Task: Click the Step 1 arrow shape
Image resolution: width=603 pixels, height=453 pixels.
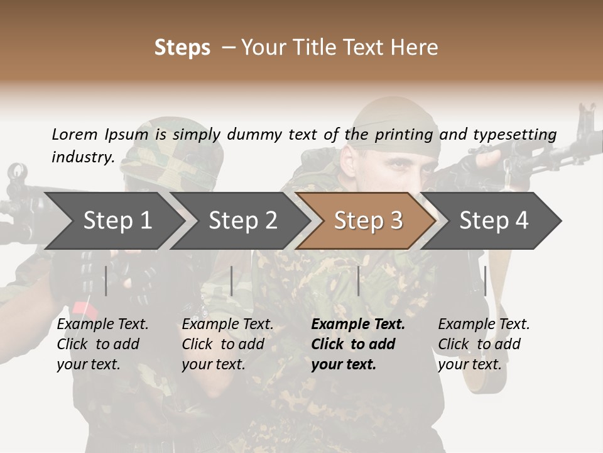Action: click(x=113, y=221)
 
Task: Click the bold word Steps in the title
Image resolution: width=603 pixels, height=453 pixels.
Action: click(x=182, y=48)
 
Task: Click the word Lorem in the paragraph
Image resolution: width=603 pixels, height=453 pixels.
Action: click(x=75, y=134)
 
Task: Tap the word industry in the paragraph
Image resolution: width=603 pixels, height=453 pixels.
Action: click(x=82, y=157)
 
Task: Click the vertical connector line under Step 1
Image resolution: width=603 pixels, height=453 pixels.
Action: click(x=106, y=281)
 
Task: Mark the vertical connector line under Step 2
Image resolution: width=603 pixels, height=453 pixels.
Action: click(x=232, y=281)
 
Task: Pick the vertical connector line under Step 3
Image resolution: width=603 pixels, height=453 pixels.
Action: click(x=359, y=281)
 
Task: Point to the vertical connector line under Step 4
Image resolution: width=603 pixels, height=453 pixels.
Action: click(x=485, y=281)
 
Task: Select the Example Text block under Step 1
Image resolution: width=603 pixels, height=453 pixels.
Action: click(x=102, y=344)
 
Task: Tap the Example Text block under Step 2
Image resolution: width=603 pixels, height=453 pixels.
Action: click(x=227, y=344)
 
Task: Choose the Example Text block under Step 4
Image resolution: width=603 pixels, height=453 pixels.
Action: click(x=483, y=344)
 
